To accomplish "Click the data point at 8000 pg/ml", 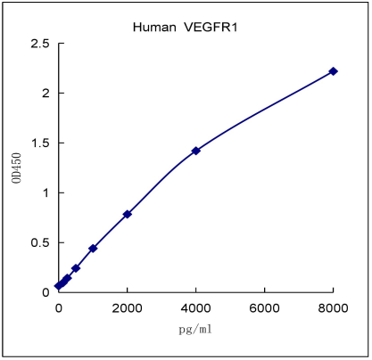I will (x=333, y=71).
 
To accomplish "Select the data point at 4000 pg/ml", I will (x=195, y=151).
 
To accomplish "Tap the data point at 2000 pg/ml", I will (x=128, y=214).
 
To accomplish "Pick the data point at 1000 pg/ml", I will (x=93, y=249).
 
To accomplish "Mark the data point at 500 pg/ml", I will (x=76, y=268).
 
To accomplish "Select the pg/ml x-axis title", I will (x=195, y=329).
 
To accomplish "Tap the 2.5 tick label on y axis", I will (x=38, y=43).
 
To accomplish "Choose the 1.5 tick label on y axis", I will (x=38, y=143).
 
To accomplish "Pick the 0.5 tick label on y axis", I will (x=38, y=242).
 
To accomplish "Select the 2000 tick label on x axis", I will (x=128, y=307).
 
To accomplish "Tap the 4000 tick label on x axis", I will (x=195, y=307).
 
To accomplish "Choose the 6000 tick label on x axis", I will (x=264, y=307).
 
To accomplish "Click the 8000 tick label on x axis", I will (x=333, y=307).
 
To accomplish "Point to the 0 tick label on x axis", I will (x=59, y=307).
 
